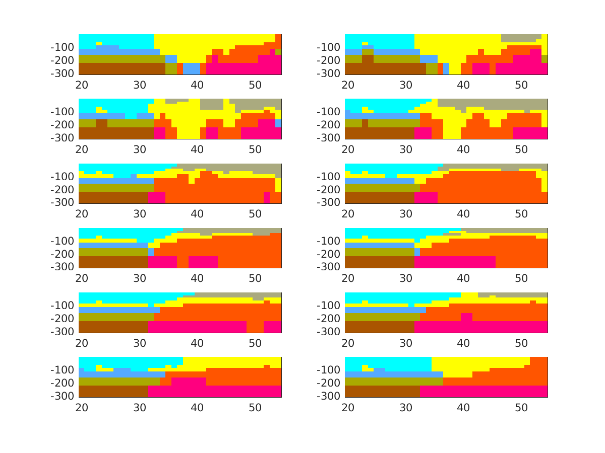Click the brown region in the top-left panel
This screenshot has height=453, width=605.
(121, 68)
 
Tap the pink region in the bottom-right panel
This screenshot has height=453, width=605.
(484, 391)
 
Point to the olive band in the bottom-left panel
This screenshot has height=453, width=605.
(116, 381)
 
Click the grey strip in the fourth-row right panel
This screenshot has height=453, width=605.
(504, 231)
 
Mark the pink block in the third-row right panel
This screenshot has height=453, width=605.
(426, 198)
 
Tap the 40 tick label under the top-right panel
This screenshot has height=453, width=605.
(463, 85)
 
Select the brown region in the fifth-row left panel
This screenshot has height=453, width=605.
(111, 327)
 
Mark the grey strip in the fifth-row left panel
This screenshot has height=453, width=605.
(237, 294)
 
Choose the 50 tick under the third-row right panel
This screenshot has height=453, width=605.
(521, 214)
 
